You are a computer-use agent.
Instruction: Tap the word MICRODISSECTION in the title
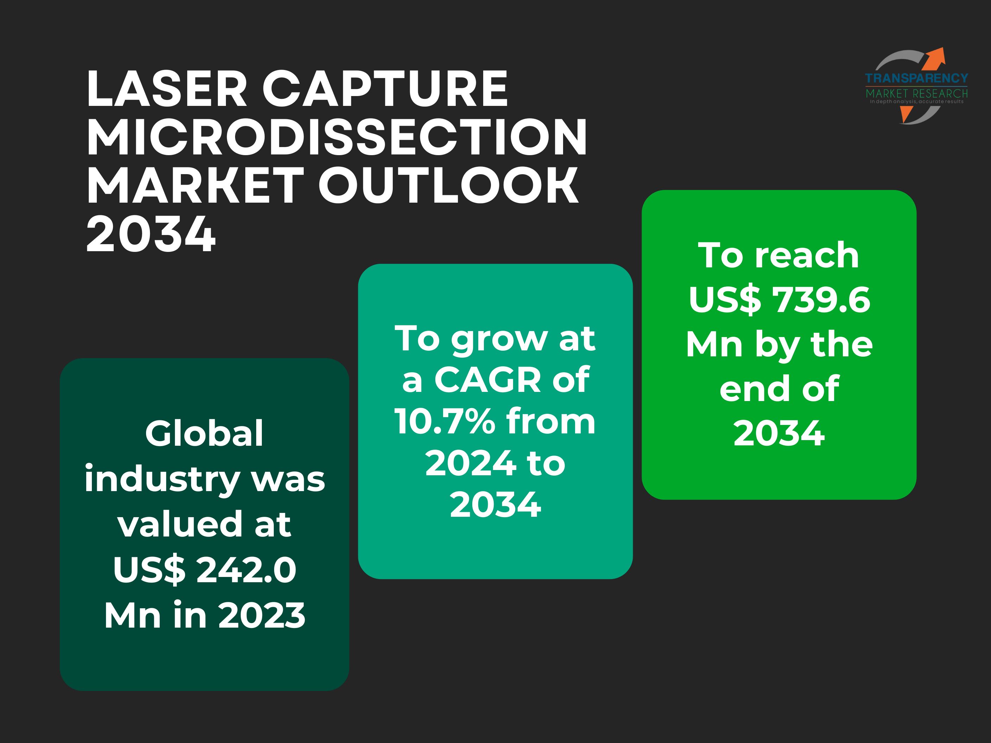[x=337, y=137]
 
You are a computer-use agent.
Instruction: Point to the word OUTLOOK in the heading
[x=448, y=185]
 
